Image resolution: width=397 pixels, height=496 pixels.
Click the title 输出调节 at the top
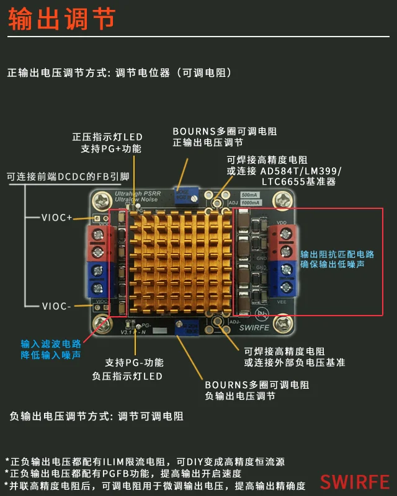coord(61,19)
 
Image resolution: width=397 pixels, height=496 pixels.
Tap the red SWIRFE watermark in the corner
coord(354,482)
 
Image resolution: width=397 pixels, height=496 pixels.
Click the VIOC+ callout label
coord(58,218)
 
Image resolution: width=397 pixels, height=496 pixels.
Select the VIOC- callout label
coord(58,306)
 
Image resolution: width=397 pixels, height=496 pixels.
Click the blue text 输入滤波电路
coord(51,344)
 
